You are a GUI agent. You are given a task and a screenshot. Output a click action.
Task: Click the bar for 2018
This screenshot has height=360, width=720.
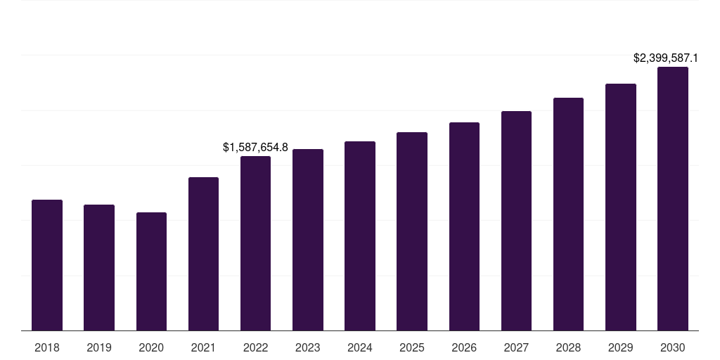[47, 265]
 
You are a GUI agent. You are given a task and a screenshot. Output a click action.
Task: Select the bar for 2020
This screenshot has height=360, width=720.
[151, 271]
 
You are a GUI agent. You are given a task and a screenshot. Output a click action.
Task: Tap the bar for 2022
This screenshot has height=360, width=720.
[255, 243]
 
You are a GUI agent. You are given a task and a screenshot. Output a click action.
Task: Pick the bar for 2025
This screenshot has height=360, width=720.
[412, 231]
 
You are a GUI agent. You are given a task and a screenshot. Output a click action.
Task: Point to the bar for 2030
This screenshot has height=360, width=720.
[673, 199]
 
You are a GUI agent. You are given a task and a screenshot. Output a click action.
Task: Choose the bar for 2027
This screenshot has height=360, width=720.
[516, 221]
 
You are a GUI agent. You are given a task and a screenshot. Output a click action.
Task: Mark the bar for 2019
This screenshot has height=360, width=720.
[99, 268]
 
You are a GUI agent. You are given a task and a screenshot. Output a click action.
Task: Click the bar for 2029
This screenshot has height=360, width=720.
[621, 207]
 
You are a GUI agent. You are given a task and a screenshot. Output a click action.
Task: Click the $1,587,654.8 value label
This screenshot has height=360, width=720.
[255, 148]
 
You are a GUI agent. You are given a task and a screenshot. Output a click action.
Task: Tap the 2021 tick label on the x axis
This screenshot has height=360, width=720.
[203, 348]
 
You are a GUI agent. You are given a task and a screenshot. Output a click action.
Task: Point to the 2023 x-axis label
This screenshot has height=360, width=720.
[308, 348]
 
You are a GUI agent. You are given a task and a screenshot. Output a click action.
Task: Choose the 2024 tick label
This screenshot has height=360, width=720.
[360, 348]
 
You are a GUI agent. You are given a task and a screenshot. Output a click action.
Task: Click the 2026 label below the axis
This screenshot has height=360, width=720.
[464, 348]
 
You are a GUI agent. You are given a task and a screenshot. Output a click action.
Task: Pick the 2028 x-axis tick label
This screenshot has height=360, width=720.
[568, 348]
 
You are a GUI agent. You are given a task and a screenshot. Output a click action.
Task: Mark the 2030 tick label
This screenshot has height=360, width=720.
[673, 348]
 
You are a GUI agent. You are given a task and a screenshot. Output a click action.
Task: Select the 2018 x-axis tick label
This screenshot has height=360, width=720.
[47, 348]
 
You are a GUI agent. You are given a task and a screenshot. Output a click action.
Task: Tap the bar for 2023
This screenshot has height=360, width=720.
[308, 240]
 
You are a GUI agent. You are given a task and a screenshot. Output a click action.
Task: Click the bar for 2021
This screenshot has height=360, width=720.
[203, 254]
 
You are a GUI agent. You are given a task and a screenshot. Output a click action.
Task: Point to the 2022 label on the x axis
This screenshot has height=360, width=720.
[255, 348]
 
